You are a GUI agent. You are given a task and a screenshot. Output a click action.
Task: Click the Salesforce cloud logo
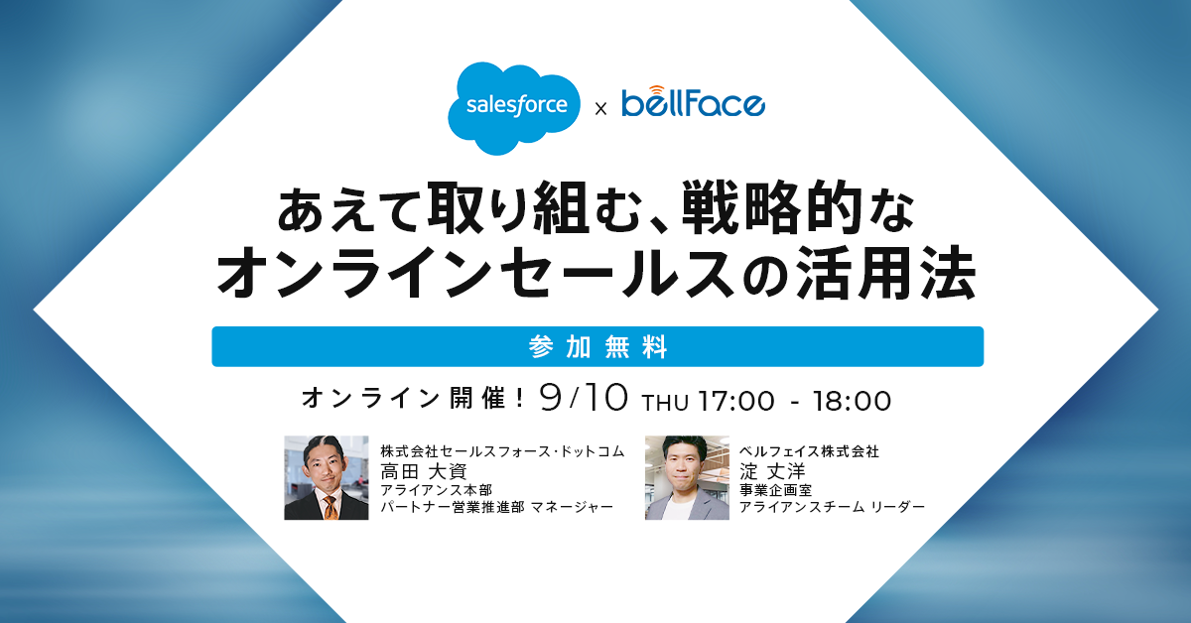click(514, 108)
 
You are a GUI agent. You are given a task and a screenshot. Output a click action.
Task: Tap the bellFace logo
click(694, 101)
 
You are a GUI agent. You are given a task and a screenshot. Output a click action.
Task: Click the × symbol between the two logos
click(600, 109)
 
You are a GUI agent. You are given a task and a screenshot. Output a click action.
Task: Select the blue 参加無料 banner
click(597, 346)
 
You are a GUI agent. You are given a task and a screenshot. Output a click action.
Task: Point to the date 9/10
click(584, 398)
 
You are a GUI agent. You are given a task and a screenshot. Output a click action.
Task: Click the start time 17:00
click(736, 402)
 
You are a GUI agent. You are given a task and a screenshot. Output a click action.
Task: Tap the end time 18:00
click(852, 402)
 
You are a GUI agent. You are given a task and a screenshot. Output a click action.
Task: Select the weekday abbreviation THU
click(666, 403)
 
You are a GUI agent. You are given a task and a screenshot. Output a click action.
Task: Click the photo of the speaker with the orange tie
click(326, 477)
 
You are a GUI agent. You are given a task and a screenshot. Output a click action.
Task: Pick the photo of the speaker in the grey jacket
click(687, 477)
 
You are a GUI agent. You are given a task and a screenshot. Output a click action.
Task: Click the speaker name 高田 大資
click(424, 471)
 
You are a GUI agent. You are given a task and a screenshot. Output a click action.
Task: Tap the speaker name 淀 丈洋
click(772, 471)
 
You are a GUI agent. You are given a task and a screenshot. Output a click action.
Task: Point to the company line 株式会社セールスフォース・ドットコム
click(502, 451)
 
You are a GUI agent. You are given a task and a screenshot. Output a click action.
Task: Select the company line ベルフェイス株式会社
click(809, 451)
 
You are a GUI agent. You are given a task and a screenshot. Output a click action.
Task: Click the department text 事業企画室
click(776, 490)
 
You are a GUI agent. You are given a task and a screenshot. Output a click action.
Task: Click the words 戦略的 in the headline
click(772, 207)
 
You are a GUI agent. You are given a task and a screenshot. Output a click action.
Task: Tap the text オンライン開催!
click(413, 399)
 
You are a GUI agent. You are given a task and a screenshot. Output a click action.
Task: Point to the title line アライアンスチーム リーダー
click(832, 507)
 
